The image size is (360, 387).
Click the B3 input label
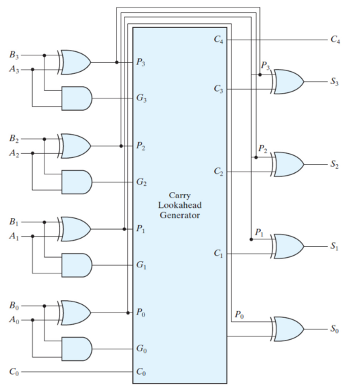pyautogui.click(x=14, y=55)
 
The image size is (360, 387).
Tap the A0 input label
pyautogui.click(x=14, y=320)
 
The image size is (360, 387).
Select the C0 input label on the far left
pyautogui.click(x=14, y=371)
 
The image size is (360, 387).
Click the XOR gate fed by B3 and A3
pyautogui.click(x=74, y=62)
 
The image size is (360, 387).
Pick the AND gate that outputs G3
pyautogui.click(x=77, y=98)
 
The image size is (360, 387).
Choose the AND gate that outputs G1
pyautogui.click(x=77, y=265)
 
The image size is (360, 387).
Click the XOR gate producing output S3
pyautogui.click(x=287, y=81)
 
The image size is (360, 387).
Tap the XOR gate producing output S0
pyautogui.click(x=287, y=329)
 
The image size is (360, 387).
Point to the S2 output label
pyautogui.click(x=335, y=164)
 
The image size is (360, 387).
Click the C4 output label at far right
pyautogui.click(x=335, y=39)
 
